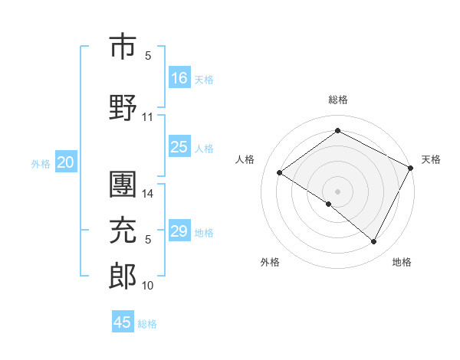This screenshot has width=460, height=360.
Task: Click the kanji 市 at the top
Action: pos(123,45)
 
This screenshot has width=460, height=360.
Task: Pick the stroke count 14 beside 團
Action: pos(148,194)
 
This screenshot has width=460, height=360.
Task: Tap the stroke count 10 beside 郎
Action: pos(148,286)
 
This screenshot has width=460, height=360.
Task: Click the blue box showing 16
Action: pos(179,77)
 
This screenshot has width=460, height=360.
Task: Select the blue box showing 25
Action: pos(179,147)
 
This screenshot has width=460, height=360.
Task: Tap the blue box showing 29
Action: pos(179,231)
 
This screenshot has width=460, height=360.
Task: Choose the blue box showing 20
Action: pos(65,162)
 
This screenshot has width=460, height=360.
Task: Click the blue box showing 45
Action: pos(123,322)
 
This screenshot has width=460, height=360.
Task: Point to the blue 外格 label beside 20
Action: pos(40,163)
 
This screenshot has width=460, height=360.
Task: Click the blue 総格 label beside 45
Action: pos(147,323)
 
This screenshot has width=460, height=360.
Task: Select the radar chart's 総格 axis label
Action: pos(337,100)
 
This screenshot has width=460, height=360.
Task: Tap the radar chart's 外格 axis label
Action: pos(270,262)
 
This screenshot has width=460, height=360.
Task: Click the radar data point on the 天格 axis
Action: pos(411,169)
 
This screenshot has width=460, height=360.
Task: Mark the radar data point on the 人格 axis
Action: pos(280,173)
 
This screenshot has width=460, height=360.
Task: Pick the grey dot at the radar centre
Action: pos(337,191)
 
